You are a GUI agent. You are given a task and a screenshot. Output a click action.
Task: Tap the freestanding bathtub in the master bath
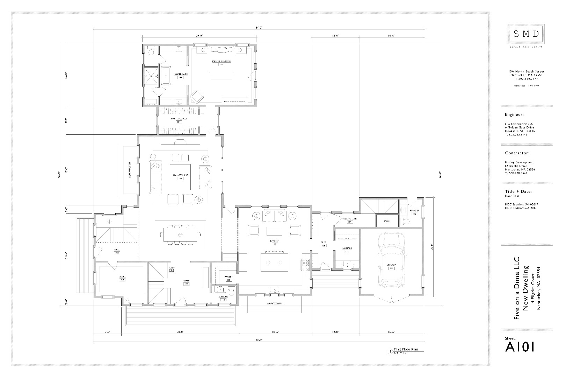tap(165, 76)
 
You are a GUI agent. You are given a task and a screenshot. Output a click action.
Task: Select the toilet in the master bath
tap(151, 52)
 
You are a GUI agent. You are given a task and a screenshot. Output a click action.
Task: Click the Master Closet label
tap(179, 119)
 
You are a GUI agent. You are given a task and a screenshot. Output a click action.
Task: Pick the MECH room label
tap(387, 222)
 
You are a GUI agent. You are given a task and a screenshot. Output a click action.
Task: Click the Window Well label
tap(274, 303)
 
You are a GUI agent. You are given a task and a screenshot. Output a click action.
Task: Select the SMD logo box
tap(526, 34)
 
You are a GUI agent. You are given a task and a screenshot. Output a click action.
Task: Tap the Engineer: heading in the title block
tap(514, 114)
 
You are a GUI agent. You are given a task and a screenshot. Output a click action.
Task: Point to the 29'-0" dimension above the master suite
tap(199, 36)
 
